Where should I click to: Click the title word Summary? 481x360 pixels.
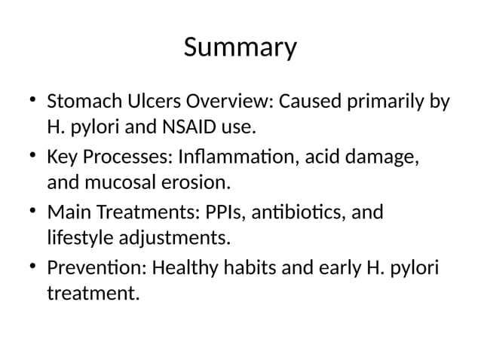pos(240,49)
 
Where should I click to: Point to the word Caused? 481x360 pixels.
pos(315,101)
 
